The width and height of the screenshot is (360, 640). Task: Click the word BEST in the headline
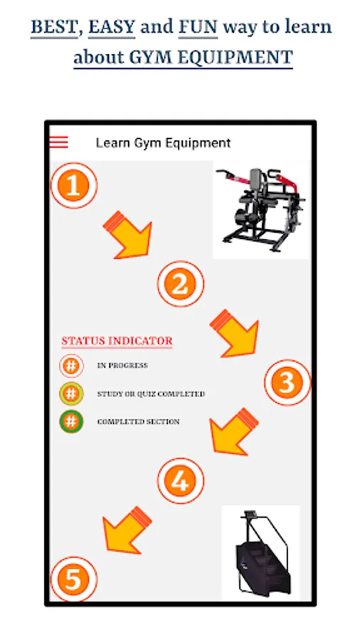pyautogui.click(x=54, y=27)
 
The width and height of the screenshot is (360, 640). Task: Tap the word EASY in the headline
pyautogui.click(x=112, y=27)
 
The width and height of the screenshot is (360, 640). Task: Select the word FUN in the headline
pyautogui.click(x=198, y=27)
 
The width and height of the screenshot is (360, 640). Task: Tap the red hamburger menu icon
pyautogui.click(x=59, y=142)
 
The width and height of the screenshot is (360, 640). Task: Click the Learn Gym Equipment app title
pyautogui.click(x=163, y=143)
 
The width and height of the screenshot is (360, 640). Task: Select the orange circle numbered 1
pyautogui.click(x=74, y=186)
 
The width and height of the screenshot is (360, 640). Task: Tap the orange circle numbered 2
pyautogui.click(x=181, y=284)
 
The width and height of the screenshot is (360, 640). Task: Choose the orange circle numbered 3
pyautogui.click(x=287, y=383)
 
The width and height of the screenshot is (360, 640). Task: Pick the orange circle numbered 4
pyautogui.click(x=181, y=481)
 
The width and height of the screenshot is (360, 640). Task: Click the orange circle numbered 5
pyautogui.click(x=74, y=579)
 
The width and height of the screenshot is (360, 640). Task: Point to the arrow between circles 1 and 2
pyautogui.click(x=129, y=236)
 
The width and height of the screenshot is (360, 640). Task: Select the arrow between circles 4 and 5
pyautogui.click(x=126, y=530)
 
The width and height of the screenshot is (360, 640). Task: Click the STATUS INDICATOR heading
pyautogui.click(x=117, y=341)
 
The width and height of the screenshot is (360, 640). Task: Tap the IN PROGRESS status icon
pyautogui.click(x=71, y=366)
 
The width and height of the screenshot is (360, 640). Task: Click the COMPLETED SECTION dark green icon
pyautogui.click(x=71, y=422)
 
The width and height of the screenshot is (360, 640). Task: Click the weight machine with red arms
pyautogui.click(x=261, y=209)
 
